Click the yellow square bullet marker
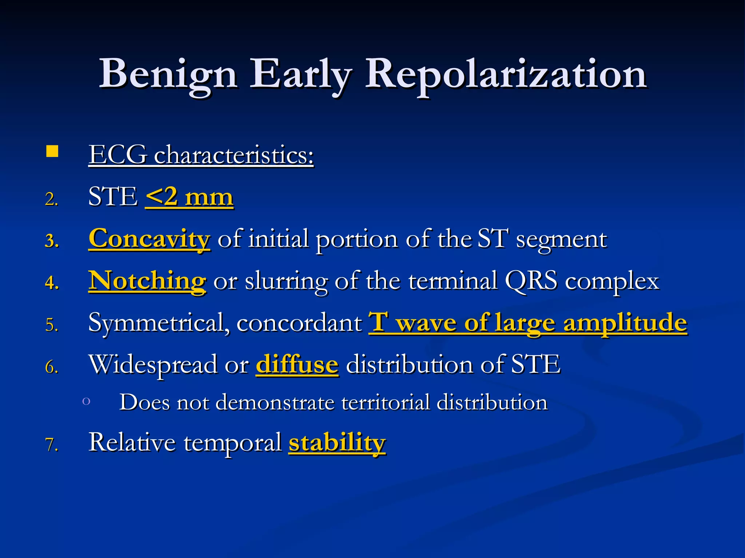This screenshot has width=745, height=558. click(52, 151)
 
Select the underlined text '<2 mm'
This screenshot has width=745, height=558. click(189, 197)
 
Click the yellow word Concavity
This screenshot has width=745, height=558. click(149, 239)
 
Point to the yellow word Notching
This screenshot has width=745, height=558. click(147, 281)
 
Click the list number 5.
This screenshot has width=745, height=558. click(52, 325)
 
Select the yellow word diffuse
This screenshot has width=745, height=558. click(297, 364)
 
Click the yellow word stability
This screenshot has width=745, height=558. click(337, 442)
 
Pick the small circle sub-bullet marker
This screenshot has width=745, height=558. click(86, 401)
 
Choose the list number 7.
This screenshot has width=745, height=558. click(52, 445)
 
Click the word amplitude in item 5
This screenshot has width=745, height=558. click(625, 323)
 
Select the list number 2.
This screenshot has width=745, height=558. click(52, 199)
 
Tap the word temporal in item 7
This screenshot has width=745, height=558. click(232, 442)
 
